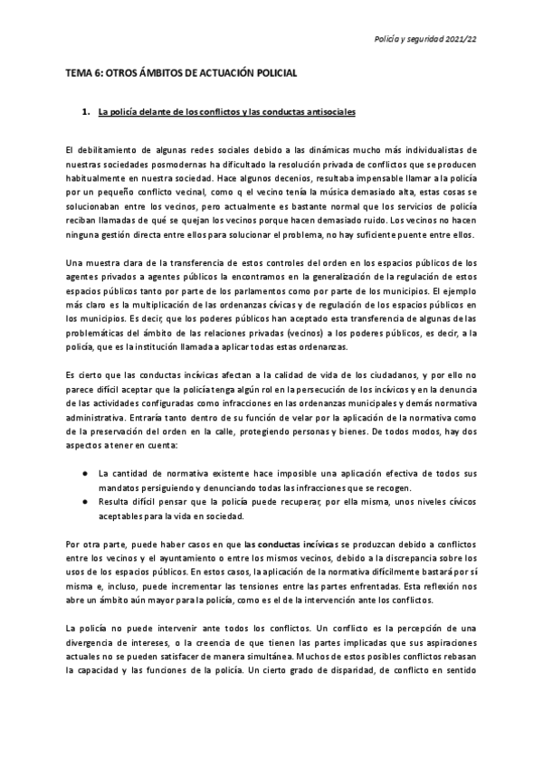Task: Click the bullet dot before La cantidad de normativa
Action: pyautogui.click(x=84, y=472)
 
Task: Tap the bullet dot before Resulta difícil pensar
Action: pyautogui.click(x=84, y=502)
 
